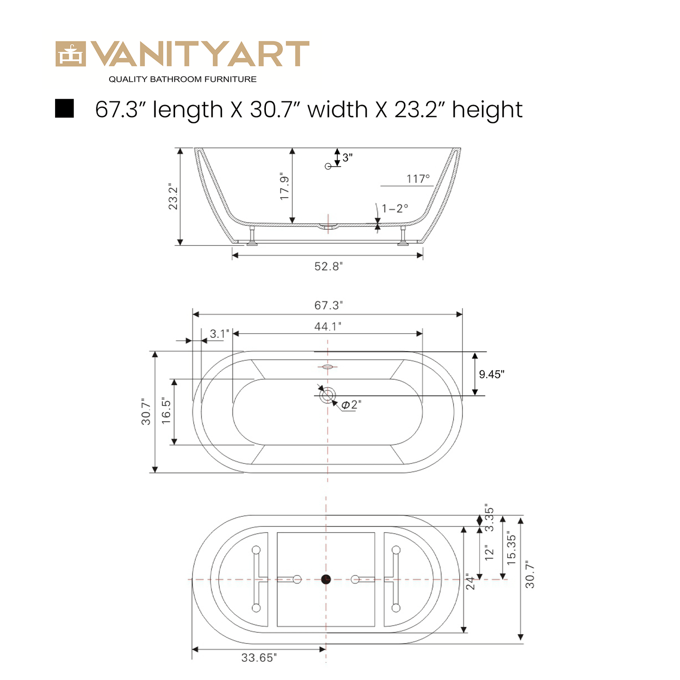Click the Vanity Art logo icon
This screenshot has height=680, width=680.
[x=71, y=54]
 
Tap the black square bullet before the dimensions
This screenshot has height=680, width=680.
[x=64, y=108]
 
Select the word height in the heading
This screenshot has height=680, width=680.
[x=487, y=110]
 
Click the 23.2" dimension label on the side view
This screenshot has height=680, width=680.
[x=173, y=196]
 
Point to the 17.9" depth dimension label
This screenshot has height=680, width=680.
[x=284, y=186]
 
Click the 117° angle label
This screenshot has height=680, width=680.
[x=418, y=178]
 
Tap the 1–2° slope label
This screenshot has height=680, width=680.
[x=395, y=208]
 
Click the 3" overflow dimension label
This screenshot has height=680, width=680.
[x=347, y=157]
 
